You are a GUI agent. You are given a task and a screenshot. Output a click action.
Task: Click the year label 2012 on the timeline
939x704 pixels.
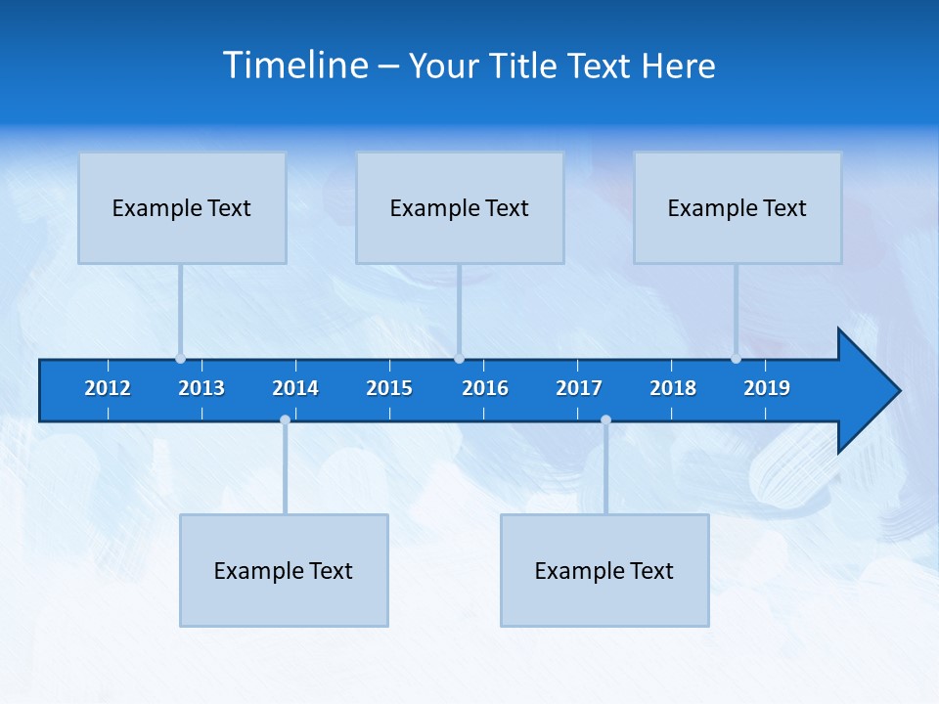108,388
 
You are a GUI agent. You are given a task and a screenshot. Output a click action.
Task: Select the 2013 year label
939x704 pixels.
201,388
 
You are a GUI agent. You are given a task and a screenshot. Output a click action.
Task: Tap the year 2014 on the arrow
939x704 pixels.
295,388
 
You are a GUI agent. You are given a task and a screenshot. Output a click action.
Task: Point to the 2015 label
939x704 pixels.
389,388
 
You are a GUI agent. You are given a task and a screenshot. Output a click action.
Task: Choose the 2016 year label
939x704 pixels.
485,388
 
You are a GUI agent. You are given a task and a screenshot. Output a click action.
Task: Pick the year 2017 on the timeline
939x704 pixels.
579,388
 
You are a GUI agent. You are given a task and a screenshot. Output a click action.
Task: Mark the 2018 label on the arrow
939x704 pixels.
673,388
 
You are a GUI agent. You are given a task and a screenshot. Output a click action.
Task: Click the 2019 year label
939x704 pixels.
767,388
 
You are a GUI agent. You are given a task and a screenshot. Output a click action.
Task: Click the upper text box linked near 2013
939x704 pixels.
182,207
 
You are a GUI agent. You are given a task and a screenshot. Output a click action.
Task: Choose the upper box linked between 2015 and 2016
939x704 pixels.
460,207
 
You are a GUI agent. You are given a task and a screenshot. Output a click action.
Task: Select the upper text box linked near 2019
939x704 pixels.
738,207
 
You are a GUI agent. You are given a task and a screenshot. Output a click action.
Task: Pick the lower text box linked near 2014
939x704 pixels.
284,570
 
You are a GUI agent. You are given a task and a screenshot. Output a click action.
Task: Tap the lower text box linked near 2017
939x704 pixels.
604,570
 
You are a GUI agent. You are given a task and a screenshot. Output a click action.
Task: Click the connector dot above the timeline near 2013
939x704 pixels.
180,358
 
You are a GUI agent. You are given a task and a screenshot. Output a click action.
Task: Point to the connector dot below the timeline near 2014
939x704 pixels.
285,420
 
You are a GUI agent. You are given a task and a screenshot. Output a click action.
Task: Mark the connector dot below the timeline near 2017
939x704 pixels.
605,420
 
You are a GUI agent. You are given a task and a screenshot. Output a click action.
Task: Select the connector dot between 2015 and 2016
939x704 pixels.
459,358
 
